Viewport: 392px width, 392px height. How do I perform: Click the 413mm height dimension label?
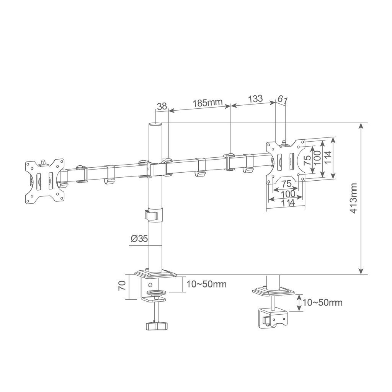353,199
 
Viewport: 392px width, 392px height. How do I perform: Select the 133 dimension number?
255,98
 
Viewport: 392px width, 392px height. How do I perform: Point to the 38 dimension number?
162,106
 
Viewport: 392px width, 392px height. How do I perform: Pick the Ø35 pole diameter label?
139,239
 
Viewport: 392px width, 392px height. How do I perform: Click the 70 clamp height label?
122,286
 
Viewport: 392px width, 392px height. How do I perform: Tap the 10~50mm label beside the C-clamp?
206,284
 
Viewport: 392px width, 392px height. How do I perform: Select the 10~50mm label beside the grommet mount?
322,302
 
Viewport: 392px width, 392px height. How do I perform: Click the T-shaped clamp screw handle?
156,326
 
